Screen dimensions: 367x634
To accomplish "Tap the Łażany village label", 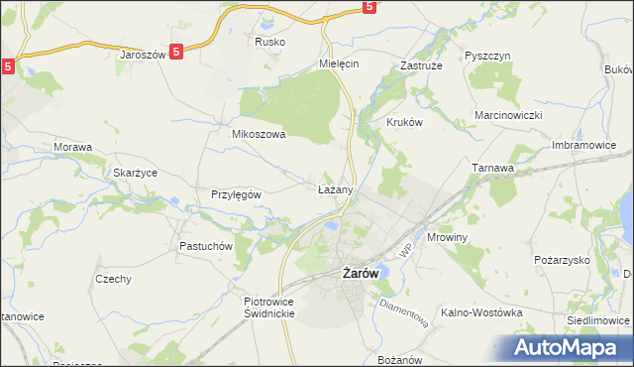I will (x=334, y=187).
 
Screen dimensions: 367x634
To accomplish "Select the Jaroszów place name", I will (x=141, y=56).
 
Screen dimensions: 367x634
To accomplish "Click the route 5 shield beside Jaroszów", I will (x=175, y=54).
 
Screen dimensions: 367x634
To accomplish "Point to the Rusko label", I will (x=269, y=42).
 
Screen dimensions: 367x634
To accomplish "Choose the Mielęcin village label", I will (x=338, y=62).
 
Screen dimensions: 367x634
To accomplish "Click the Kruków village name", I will (x=403, y=123).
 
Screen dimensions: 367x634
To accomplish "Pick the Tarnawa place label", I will (x=493, y=169).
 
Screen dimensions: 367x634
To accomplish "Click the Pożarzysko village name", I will (x=561, y=259).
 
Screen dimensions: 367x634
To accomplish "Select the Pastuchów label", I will (x=205, y=246).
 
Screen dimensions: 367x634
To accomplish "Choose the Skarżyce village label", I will (x=136, y=172).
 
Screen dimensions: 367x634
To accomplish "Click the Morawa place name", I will (x=72, y=147).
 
